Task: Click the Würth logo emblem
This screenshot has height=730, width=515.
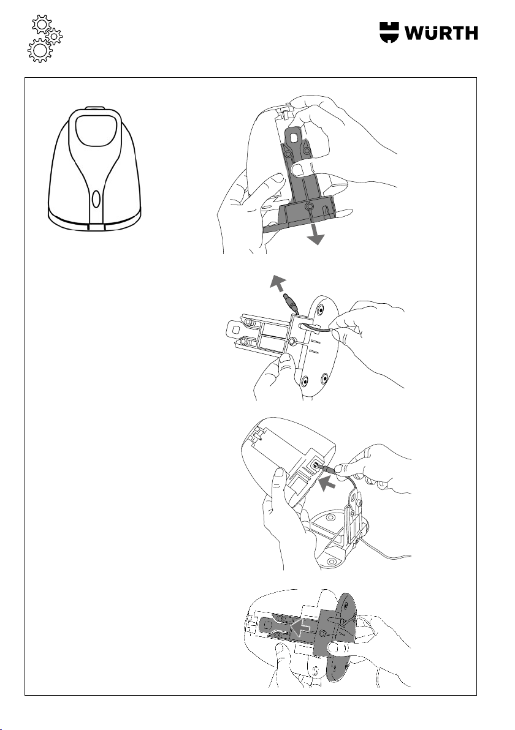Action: pos(390,32)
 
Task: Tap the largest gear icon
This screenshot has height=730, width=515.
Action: pos(40,50)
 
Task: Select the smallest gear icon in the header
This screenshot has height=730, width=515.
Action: pos(55,36)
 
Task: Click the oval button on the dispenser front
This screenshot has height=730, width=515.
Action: pos(96,199)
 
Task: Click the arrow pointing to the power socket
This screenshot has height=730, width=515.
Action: pos(327,484)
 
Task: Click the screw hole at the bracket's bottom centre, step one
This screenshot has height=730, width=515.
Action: pos(308,205)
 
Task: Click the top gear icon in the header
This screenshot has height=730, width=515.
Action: pos(41,24)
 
